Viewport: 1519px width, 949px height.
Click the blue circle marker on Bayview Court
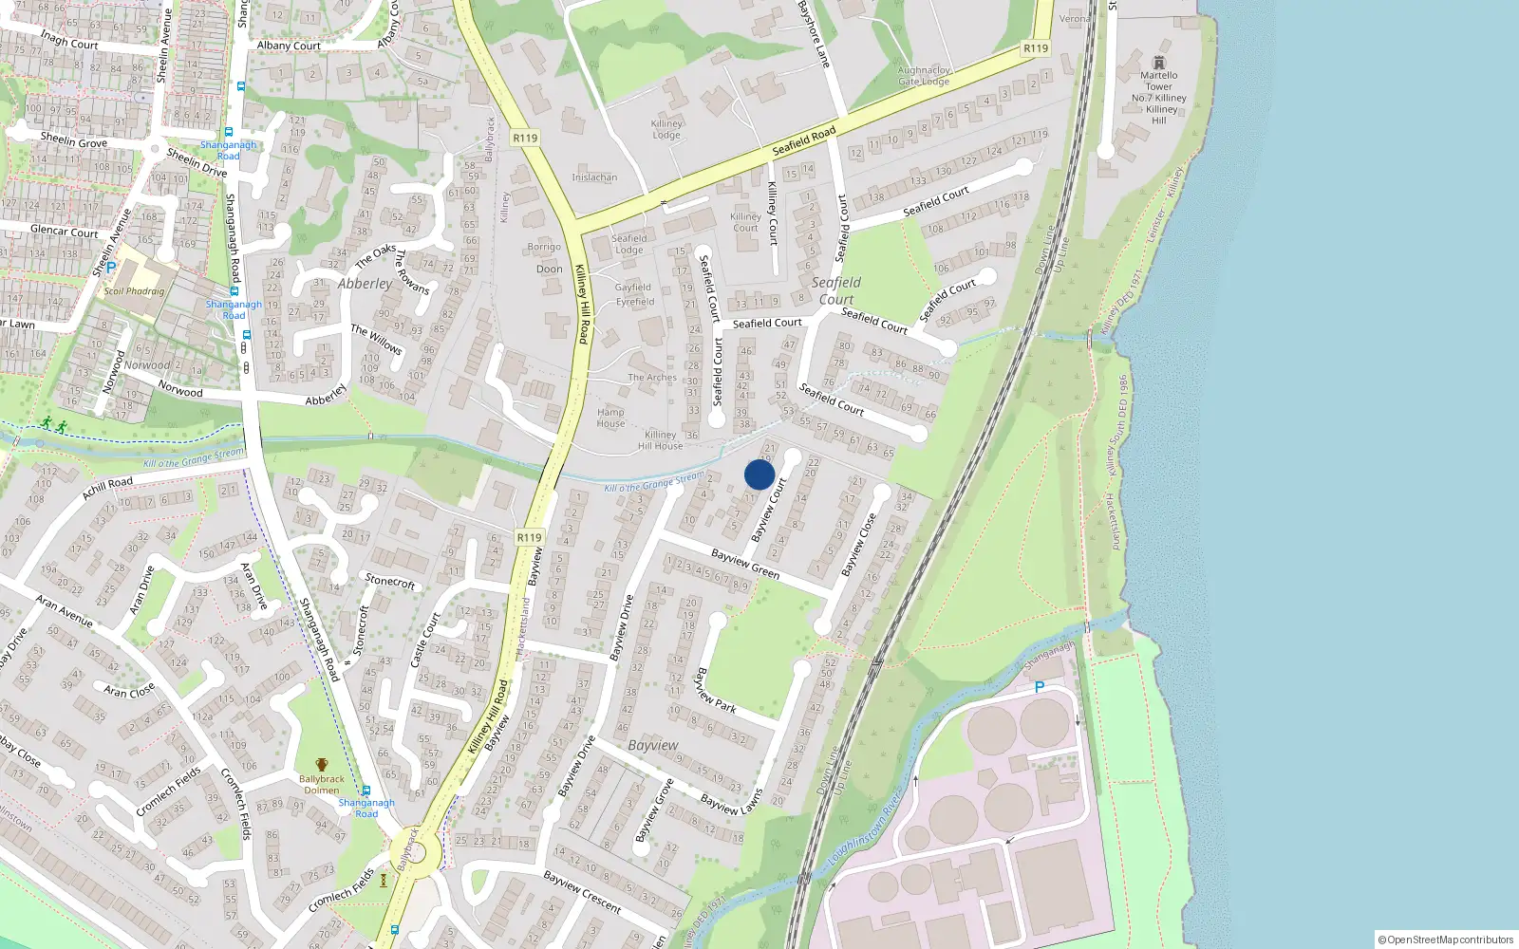(759, 474)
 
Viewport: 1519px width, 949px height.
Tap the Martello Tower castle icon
(1158, 63)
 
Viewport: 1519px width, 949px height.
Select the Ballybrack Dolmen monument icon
(322, 765)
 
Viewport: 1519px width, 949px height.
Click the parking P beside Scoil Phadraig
(111, 268)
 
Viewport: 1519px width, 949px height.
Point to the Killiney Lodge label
(666, 129)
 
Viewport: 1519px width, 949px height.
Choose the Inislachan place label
(594, 177)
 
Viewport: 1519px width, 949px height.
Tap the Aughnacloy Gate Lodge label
(924, 76)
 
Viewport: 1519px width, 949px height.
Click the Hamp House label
(610, 418)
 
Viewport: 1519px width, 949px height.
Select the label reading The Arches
(652, 378)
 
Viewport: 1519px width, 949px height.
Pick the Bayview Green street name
(745, 565)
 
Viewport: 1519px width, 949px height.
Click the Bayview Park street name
(716, 691)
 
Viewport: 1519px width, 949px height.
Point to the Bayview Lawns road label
(731, 803)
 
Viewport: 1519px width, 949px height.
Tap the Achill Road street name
(107, 488)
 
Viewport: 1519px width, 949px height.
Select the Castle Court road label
(424, 640)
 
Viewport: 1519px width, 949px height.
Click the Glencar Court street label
(64, 231)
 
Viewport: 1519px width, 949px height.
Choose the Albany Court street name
(289, 46)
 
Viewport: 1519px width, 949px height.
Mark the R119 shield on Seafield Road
(1035, 48)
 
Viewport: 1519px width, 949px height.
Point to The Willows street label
(376, 339)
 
